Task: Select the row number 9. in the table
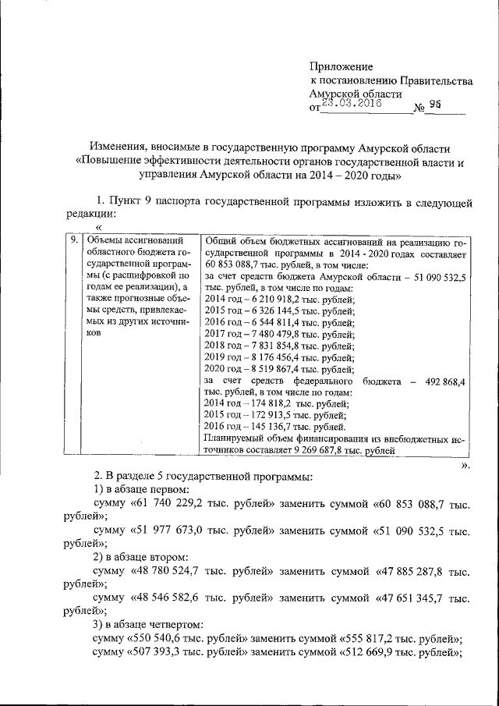[73, 241]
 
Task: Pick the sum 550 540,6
[162, 639]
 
